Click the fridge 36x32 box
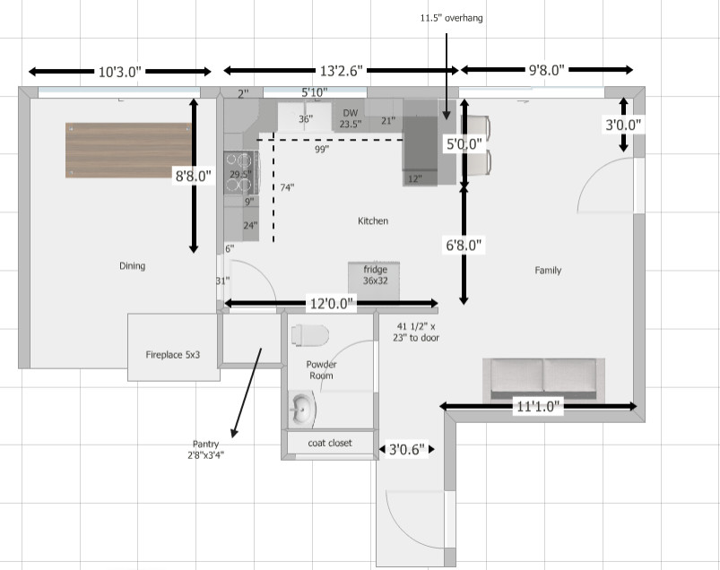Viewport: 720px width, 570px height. click(x=375, y=275)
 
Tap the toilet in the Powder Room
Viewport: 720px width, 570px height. click(x=309, y=334)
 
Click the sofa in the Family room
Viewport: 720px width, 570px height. click(x=542, y=379)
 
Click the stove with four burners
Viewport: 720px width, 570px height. click(x=240, y=173)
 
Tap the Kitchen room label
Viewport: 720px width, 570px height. click(x=373, y=220)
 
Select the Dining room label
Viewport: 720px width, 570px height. click(x=132, y=266)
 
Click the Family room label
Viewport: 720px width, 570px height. click(x=548, y=270)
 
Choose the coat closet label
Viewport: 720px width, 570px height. click(x=329, y=443)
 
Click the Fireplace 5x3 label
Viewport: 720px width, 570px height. click(x=173, y=355)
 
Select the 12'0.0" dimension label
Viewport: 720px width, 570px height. click(x=331, y=305)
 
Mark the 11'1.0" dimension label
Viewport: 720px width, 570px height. click(x=538, y=407)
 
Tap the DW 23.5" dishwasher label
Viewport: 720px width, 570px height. click(x=350, y=118)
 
